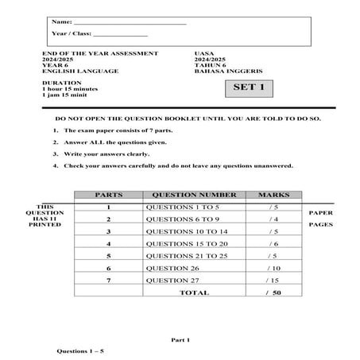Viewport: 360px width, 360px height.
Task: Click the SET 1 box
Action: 248,87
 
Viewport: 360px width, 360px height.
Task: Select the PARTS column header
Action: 107,194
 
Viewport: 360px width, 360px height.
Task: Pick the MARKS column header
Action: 273,194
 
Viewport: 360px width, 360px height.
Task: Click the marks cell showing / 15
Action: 273,281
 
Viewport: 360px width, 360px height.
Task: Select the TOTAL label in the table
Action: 194,292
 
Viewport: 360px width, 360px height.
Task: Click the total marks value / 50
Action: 273,292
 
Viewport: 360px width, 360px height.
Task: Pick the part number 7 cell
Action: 107,281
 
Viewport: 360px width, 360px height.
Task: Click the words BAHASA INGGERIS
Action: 222,71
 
